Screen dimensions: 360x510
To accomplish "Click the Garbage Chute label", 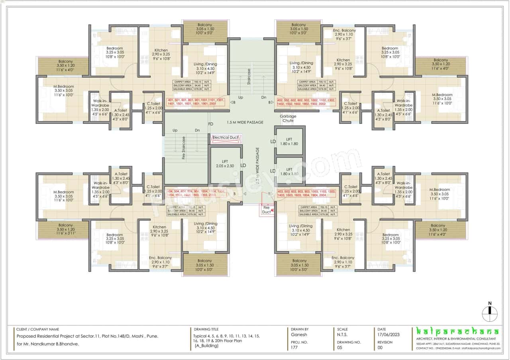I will click(288, 118).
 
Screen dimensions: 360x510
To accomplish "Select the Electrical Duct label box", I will click(225, 138).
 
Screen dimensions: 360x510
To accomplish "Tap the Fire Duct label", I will click(266, 209).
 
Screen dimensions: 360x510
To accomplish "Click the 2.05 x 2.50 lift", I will click(225, 166).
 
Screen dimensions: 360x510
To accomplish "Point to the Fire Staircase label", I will click(184, 149).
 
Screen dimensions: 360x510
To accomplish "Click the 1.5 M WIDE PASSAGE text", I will click(245, 122).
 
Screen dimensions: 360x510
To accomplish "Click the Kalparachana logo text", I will click(457, 332).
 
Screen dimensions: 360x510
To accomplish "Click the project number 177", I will click(294, 348).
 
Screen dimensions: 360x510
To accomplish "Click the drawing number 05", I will click(339, 348).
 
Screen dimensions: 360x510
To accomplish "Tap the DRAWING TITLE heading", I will click(206, 329).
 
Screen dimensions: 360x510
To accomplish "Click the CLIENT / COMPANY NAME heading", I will click(37, 329).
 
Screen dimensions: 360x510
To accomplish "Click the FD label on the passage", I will click(211, 124).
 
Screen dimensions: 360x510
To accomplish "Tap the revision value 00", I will click(380, 348).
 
